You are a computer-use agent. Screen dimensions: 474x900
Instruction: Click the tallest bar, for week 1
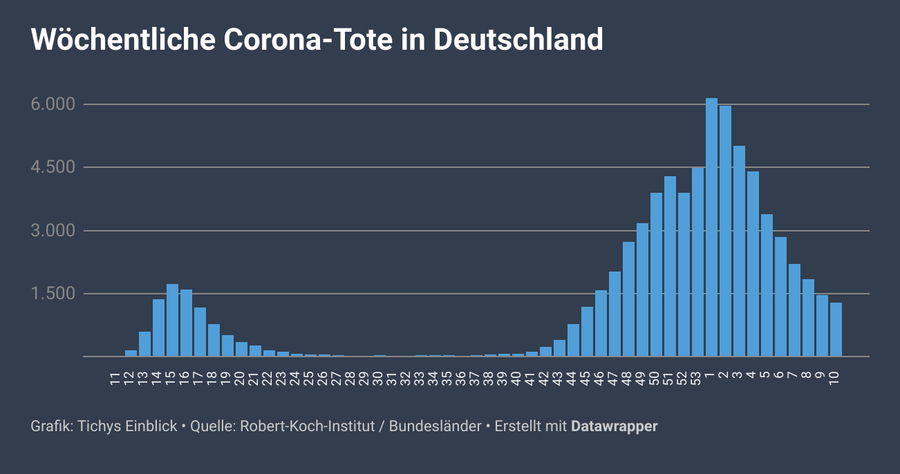711,228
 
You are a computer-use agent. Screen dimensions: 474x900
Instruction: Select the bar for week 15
172,321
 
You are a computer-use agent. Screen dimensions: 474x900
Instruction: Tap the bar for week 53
697,263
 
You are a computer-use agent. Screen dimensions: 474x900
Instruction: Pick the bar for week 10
836,330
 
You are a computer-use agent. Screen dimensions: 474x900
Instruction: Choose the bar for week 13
144,344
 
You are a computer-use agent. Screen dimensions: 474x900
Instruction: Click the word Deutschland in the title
518,40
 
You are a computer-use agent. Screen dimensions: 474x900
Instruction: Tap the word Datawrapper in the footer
614,426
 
